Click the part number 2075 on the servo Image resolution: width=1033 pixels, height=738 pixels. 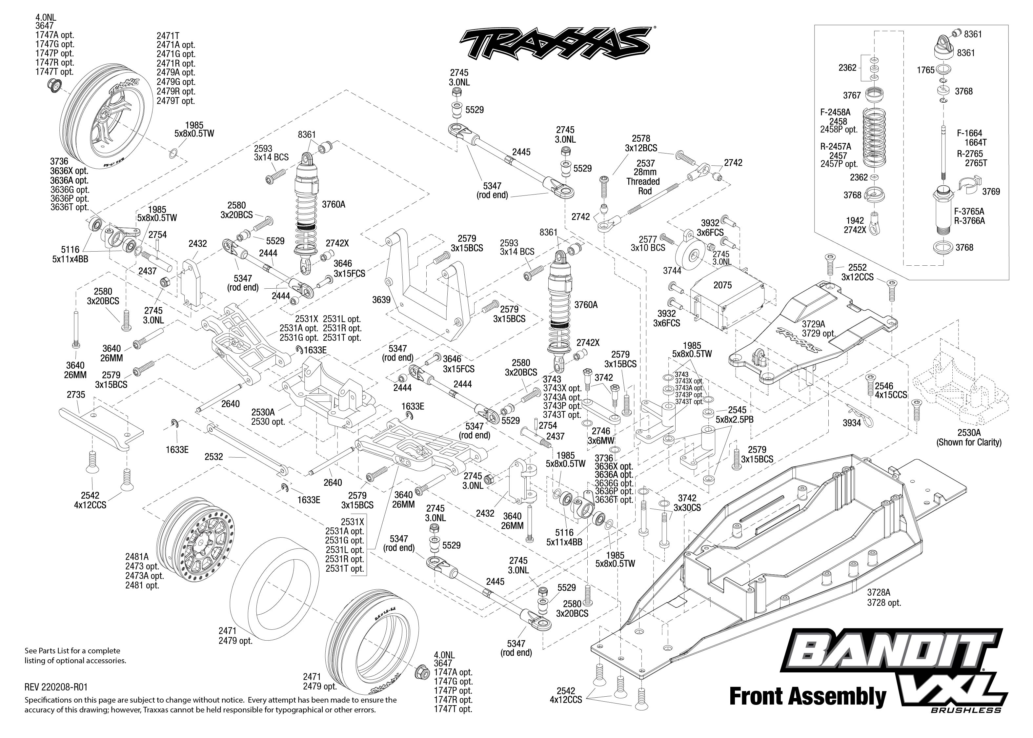pos(722,285)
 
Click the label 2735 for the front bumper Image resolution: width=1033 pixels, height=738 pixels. pos(76,395)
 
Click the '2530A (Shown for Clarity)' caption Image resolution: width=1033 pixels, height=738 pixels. pos(968,437)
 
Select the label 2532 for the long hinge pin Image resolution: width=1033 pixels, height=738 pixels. pos(213,456)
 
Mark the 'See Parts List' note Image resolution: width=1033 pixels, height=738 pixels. pos(75,656)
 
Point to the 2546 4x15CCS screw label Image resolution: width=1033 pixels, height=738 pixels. pos(891,390)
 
